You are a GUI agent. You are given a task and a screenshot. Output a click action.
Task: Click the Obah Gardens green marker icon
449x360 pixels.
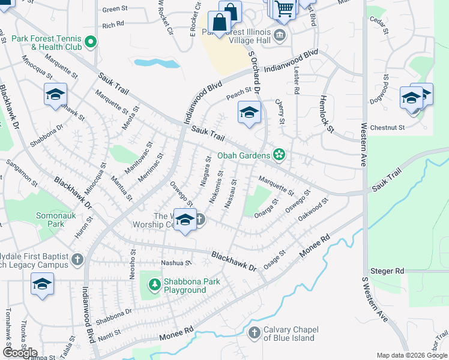(279, 155)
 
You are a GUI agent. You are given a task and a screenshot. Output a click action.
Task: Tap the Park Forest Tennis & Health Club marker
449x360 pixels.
(91, 41)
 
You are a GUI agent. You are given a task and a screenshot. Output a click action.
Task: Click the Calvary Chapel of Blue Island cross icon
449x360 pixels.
(254, 332)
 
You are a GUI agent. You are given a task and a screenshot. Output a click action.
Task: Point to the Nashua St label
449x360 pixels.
(175, 263)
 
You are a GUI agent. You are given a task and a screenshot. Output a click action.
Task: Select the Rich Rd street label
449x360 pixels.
(113, 25)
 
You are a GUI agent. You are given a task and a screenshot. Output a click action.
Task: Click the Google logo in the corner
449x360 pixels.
(20, 352)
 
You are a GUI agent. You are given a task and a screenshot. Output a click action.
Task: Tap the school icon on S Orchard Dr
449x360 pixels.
(249, 112)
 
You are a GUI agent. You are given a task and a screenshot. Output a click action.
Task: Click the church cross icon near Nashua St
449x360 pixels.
(76, 259)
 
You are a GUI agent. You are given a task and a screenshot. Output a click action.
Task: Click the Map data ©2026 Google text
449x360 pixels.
(412, 355)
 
